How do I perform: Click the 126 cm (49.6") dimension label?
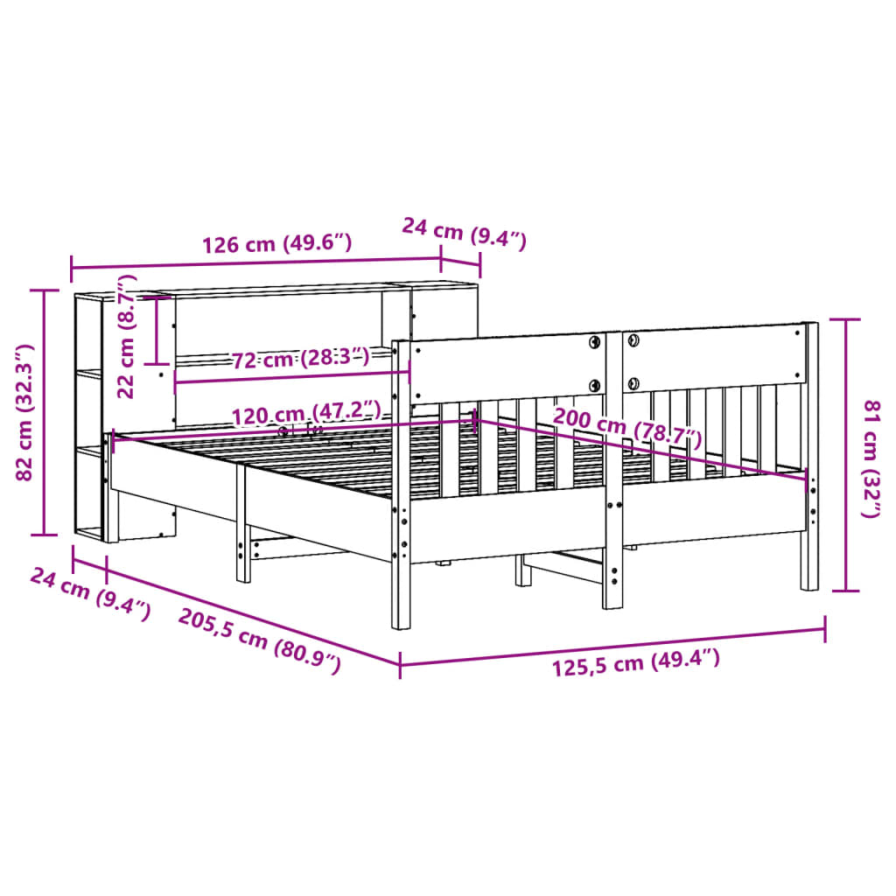[276, 243]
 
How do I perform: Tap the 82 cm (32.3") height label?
[24, 411]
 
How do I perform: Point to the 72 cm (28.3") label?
[300, 358]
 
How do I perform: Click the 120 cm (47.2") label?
[306, 411]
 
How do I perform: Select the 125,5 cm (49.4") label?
[636, 664]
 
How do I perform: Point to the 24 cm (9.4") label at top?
[464, 234]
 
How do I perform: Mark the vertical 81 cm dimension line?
[844, 455]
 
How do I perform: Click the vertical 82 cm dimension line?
[44, 411]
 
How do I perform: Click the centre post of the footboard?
[613, 472]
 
